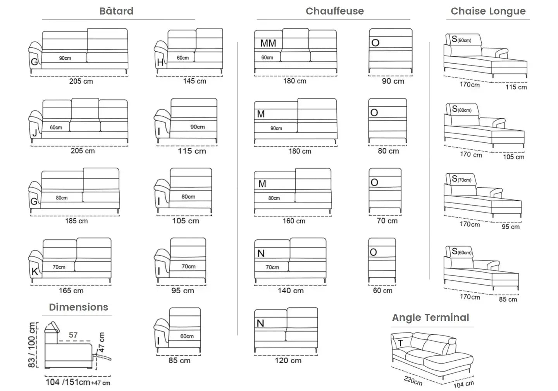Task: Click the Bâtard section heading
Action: [116, 11]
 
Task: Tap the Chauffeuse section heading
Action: [334, 11]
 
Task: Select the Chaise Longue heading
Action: [488, 11]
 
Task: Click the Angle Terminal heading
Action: [430, 317]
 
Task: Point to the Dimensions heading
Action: [78, 307]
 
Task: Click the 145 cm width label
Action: [195, 81]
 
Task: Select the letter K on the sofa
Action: [34, 272]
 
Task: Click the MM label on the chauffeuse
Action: [268, 43]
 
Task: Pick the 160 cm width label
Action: [294, 221]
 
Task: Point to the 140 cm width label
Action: [291, 291]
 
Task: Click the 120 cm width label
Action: [288, 360]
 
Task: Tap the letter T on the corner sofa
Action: [400, 343]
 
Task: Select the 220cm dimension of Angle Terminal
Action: [413, 381]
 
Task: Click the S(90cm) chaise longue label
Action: [461, 39]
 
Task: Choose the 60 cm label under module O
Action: [382, 291]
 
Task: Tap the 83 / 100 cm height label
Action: [32, 345]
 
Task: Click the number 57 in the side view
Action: [73, 335]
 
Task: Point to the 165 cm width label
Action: [71, 291]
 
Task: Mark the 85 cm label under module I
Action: [179, 360]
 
